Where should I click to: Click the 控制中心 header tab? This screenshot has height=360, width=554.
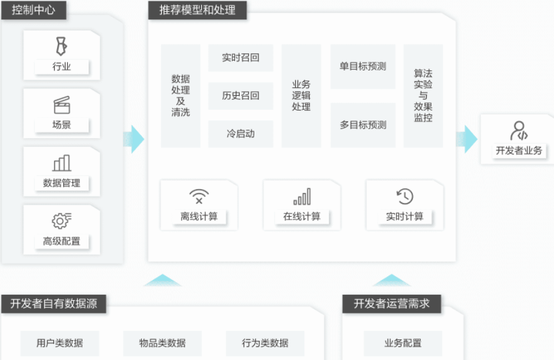33,10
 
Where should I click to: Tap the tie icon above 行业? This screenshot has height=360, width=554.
61,46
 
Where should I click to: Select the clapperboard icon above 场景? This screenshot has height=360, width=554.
62,105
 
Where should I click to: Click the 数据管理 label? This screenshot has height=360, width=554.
61,183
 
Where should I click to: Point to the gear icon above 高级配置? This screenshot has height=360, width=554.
61,220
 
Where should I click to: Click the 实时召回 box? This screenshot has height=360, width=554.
240,57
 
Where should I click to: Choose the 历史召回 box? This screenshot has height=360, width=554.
240,96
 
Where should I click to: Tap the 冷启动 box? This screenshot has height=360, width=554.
240,134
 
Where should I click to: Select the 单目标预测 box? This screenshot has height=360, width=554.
363,67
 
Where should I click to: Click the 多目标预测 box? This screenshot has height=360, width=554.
363,125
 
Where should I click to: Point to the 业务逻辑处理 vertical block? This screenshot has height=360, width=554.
302,96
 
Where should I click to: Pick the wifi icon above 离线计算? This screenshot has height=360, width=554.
199,196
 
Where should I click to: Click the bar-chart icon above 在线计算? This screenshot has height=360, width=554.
302,196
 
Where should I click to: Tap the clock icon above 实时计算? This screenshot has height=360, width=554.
405,196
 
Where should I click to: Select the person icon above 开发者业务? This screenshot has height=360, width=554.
519,130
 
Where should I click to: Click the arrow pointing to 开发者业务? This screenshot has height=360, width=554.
467,139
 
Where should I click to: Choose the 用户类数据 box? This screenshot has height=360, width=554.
60,343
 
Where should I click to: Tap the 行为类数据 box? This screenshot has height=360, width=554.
265,343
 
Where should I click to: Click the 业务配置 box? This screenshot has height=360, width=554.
403,343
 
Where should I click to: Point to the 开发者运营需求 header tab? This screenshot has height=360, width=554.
392,303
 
